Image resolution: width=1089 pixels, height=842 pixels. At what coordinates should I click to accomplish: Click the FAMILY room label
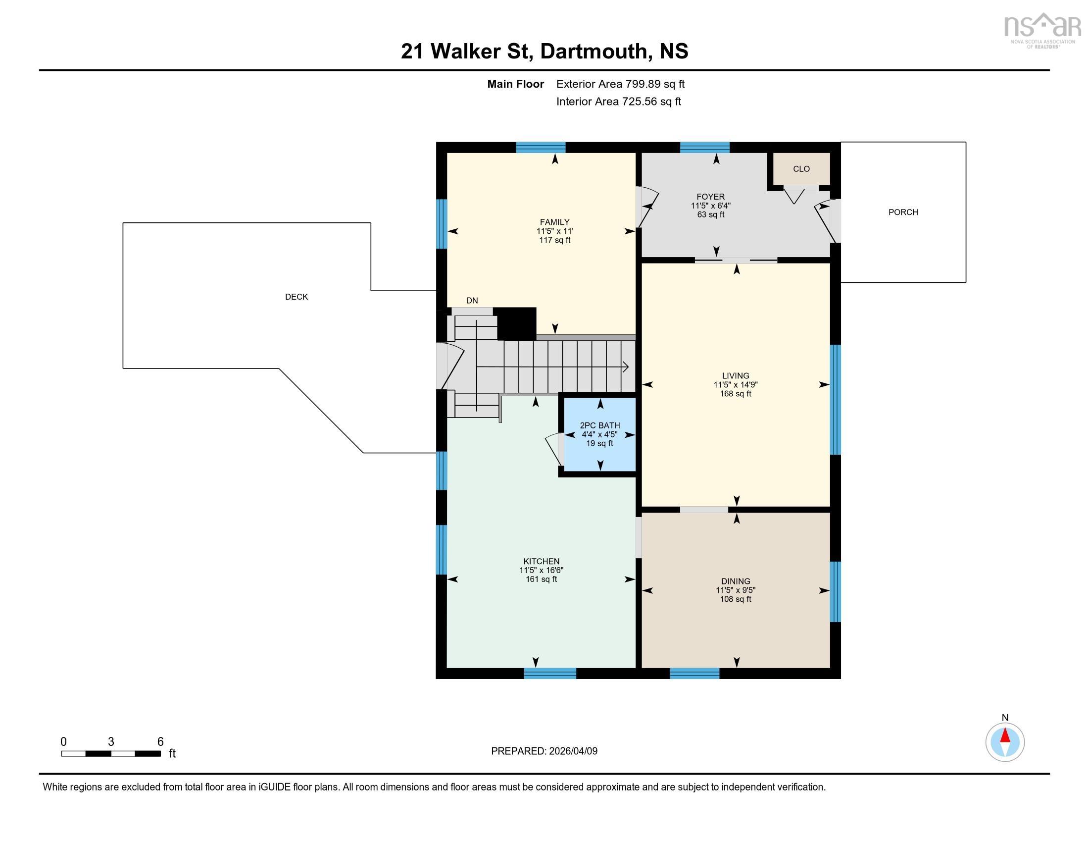point(554,222)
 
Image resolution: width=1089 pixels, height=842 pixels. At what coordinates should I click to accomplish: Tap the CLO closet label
point(801,169)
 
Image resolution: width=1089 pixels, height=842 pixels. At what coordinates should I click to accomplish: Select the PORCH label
point(903,212)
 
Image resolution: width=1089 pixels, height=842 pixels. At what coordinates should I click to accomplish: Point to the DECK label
point(296,297)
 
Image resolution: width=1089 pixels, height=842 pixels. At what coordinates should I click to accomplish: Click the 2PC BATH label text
point(600,425)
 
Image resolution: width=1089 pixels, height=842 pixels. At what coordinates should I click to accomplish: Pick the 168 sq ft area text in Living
point(736,394)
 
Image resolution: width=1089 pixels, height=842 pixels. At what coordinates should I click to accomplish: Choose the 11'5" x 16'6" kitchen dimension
point(541,570)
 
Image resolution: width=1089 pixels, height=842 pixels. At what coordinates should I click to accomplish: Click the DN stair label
point(472,300)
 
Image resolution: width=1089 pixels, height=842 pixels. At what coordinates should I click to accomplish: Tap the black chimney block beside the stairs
point(517,323)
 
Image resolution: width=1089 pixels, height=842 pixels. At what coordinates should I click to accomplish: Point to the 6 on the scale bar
point(160,742)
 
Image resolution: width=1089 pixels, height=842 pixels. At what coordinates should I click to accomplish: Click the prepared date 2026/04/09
point(573,751)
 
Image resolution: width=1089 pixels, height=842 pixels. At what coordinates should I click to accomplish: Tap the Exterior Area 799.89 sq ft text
point(620,84)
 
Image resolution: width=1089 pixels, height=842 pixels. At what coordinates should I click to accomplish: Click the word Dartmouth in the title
point(594,52)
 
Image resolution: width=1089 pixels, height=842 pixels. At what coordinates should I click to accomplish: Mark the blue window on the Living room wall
point(835,400)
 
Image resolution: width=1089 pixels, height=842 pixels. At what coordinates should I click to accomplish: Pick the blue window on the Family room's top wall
point(541,147)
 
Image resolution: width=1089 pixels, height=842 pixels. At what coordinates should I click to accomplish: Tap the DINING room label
point(736,581)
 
